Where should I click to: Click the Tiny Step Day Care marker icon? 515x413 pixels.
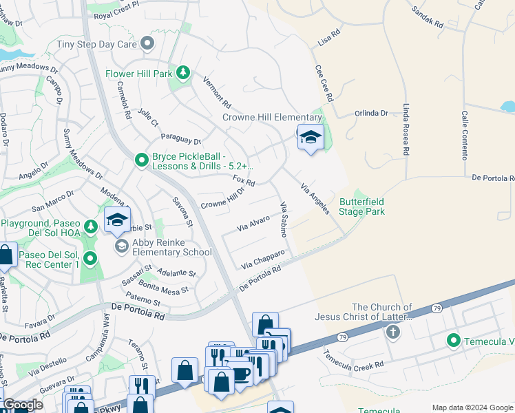point(146,44)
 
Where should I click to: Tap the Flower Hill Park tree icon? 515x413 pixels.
point(182,72)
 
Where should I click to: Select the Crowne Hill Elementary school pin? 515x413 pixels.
point(311,138)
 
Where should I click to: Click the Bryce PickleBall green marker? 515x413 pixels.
point(142,160)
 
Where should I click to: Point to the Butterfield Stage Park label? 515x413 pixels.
point(362,206)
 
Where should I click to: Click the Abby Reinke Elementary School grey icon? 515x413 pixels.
point(121,246)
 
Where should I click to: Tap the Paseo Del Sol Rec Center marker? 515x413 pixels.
point(90,258)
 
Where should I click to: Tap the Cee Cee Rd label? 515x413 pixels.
point(324,84)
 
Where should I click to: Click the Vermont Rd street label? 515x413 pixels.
point(217,92)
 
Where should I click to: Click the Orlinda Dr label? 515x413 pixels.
point(372,114)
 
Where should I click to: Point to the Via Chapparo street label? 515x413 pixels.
point(263,260)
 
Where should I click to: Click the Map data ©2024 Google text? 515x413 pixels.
point(472,407)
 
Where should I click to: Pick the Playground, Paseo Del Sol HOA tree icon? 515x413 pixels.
point(90,226)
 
